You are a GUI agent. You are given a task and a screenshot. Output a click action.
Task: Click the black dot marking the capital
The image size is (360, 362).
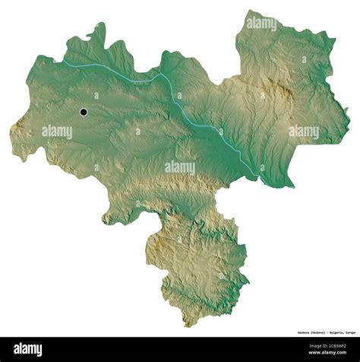(x=84, y=113)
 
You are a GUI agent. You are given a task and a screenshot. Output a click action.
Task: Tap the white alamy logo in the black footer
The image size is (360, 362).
(x=28, y=349)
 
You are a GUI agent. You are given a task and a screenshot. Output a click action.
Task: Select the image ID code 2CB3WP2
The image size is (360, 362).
(x=339, y=346)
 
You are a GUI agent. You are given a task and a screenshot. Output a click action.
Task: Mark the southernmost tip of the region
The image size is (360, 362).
(x=187, y=326)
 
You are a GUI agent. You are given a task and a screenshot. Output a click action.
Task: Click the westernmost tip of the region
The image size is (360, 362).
(x=10, y=129)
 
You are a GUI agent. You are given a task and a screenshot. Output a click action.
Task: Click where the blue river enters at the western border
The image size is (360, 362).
(x=65, y=63)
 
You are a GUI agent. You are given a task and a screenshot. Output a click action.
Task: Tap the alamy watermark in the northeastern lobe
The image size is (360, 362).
(x=261, y=24)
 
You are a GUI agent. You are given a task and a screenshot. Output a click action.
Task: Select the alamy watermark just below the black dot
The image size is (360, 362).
(x=58, y=132)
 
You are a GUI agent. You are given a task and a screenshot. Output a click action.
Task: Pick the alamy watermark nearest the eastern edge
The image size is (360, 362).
(x=303, y=132)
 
